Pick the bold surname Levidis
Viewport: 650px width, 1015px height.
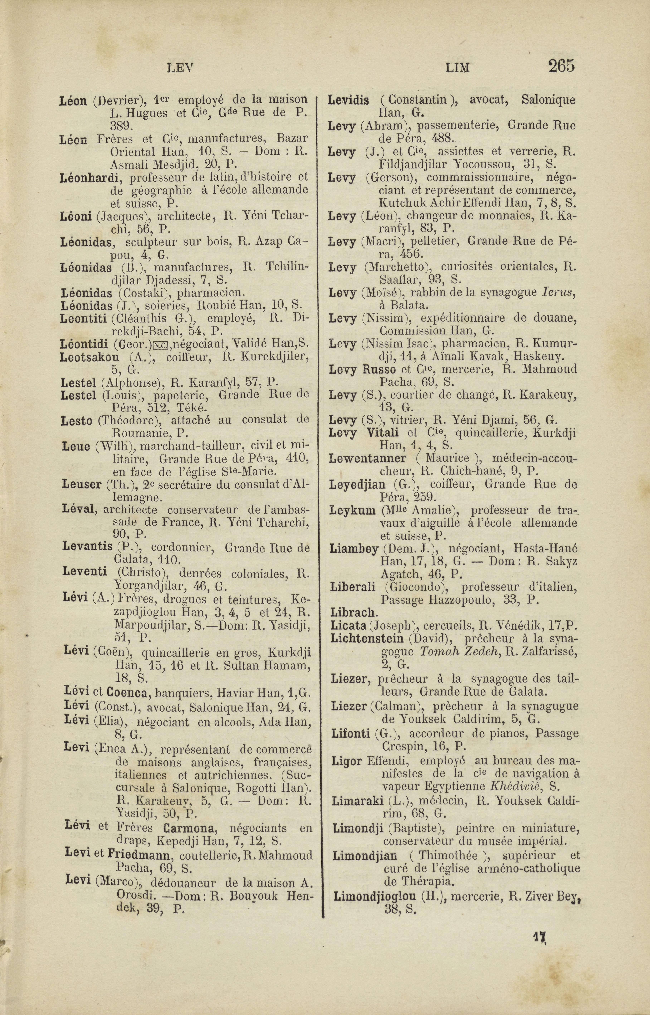349,100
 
